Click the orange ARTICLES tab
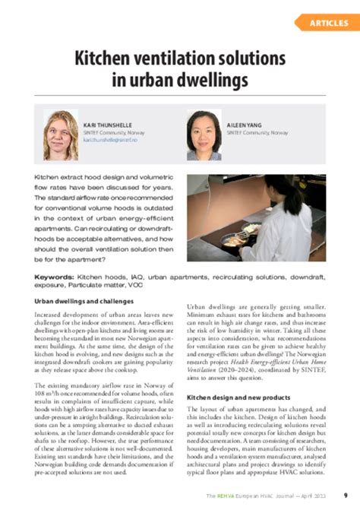pyautogui.click(x=329, y=23)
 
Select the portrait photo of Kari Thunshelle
pyautogui.click(x=61, y=135)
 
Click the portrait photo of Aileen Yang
pyautogui.click(x=204, y=135)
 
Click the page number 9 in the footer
pyautogui.click(x=346, y=494)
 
